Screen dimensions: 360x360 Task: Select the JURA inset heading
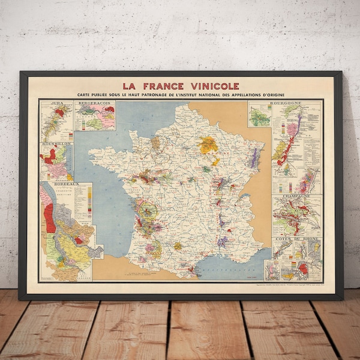coord(58,103)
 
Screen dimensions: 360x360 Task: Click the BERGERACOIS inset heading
coord(94,103)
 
